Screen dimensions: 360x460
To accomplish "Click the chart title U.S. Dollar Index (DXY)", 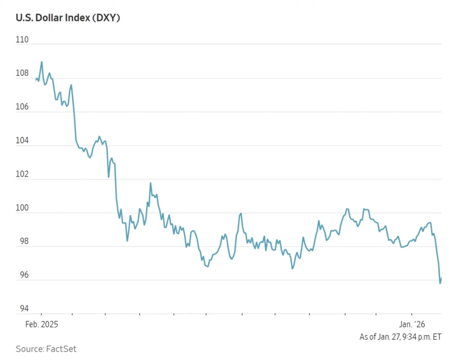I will click(68, 18).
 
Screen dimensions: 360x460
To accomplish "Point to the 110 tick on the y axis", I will click(22, 40).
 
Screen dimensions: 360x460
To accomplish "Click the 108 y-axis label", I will click(22, 74).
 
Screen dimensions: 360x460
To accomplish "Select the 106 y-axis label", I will click(22, 107).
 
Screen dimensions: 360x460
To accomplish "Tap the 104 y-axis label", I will click(22, 141).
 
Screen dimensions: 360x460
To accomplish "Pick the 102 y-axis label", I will click(22, 174).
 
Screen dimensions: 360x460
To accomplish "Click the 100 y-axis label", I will click(22, 208).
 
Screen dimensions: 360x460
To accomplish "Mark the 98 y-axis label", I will click(22, 242).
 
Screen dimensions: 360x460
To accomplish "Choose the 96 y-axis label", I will click(22, 275).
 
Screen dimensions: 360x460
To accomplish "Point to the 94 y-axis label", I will click(22, 309).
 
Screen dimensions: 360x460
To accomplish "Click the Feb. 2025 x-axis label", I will click(41, 324).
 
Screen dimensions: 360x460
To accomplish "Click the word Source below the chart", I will click(30, 348).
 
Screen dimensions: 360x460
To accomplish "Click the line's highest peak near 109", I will click(41, 62).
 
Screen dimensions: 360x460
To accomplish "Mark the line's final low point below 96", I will click(440, 283).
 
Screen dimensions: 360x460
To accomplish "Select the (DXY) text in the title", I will click(105, 18).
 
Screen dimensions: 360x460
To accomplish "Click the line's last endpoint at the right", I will click(441, 278).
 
